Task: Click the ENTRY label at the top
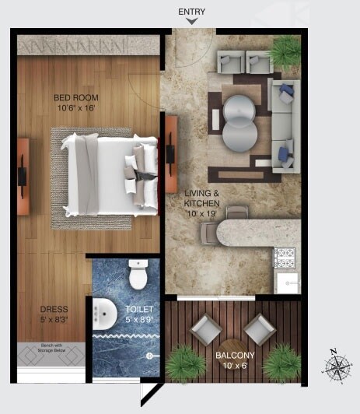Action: pyautogui.click(x=190, y=12)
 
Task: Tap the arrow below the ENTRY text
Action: pyautogui.click(x=190, y=22)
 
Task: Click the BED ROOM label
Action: pyautogui.click(x=75, y=97)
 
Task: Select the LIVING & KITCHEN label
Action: pyautogui.click(x=201, y=197)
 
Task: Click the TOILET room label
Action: pyautogui.click(x=141, y=309)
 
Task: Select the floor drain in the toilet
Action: pyautogui.click(x=149, y=356)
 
